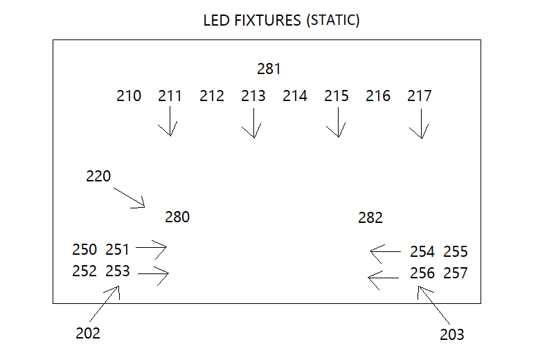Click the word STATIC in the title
[332, 20]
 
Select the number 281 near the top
[269, 69]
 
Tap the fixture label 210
[129, 96]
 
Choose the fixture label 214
[295, 96]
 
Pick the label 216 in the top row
[378, 96]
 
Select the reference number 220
[98, 176]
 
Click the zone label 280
[177, 217]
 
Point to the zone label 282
[370, 218]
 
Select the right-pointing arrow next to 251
[152, 246]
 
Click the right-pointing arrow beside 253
[153, 275]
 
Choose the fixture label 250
[84, 249]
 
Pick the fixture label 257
[456, 273]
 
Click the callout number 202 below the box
[88, 333]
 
